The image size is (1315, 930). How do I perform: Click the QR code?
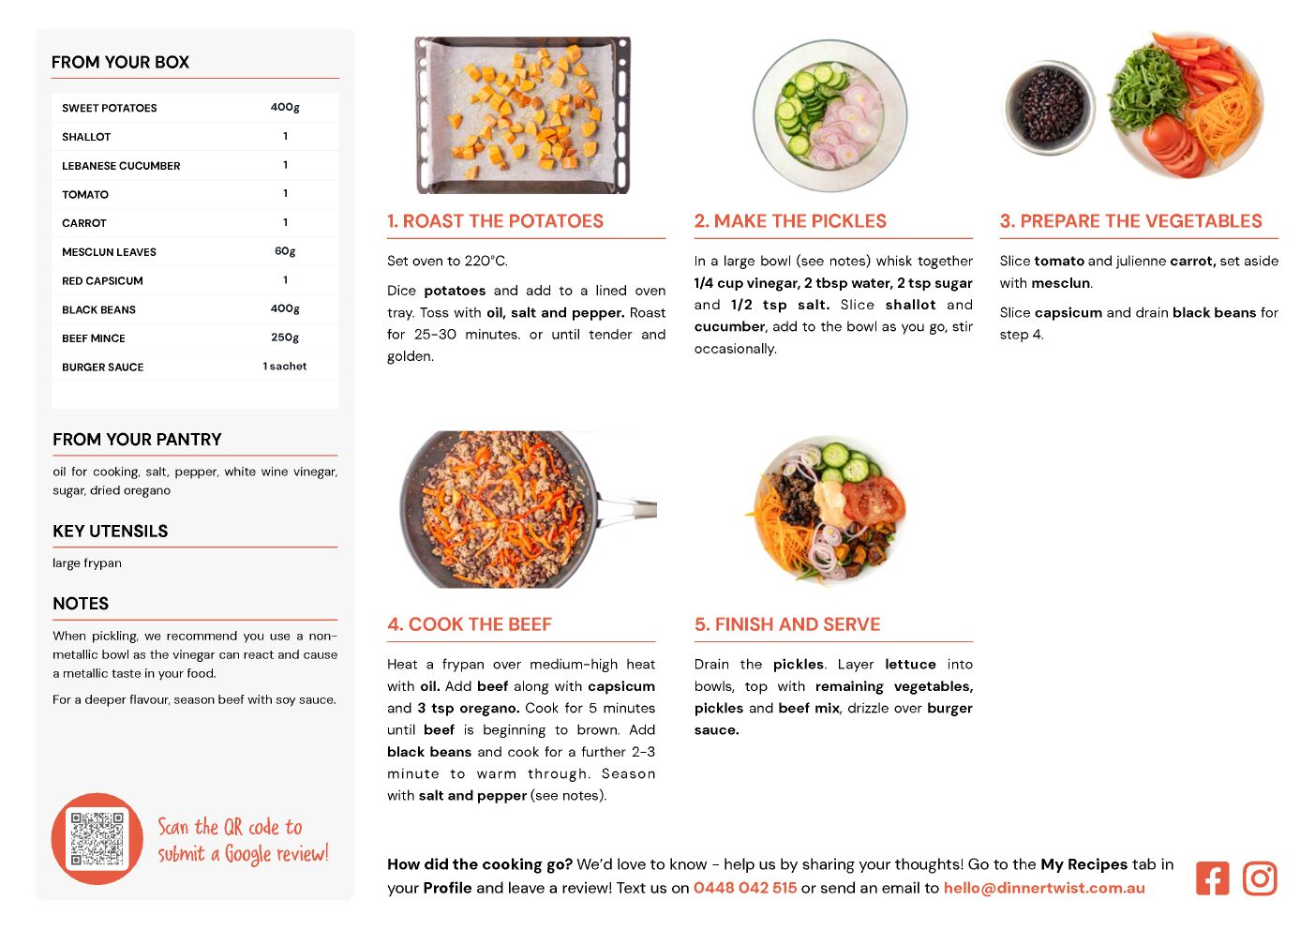click(x=97, y=839)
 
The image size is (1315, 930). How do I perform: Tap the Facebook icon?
click(x=1212, y=878)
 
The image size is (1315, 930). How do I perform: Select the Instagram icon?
click(x=1260, y=878)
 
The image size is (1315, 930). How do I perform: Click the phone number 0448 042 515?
click(x=745, y=888)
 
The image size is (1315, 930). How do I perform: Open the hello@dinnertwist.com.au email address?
click(x=1044, y=888)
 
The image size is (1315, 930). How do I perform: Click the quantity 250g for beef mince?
click(x=285, y=337)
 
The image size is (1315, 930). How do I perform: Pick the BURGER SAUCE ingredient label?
click(x=103, y=367)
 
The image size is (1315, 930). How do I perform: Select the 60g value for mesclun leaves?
click(x=285, y=251)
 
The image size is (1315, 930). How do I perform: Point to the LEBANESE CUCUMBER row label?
click(x=121, y=166)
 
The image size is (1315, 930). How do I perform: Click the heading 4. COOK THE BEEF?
click(x=469, y=624)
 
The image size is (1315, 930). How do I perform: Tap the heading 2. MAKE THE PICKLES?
click(x=790, y=220)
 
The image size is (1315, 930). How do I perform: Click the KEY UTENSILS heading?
click(x=111, y=531)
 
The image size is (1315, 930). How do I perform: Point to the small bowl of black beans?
click(x=1049, y=108)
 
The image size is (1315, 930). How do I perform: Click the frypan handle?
click(x=626, y=506)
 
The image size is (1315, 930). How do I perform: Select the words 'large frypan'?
click(x=87, y=563)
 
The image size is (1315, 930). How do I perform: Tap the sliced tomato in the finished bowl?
click(x=873, y=500)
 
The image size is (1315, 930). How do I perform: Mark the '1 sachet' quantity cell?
click(x=285, y=367)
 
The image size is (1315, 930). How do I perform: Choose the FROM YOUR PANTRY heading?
click(x=138, y=439)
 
